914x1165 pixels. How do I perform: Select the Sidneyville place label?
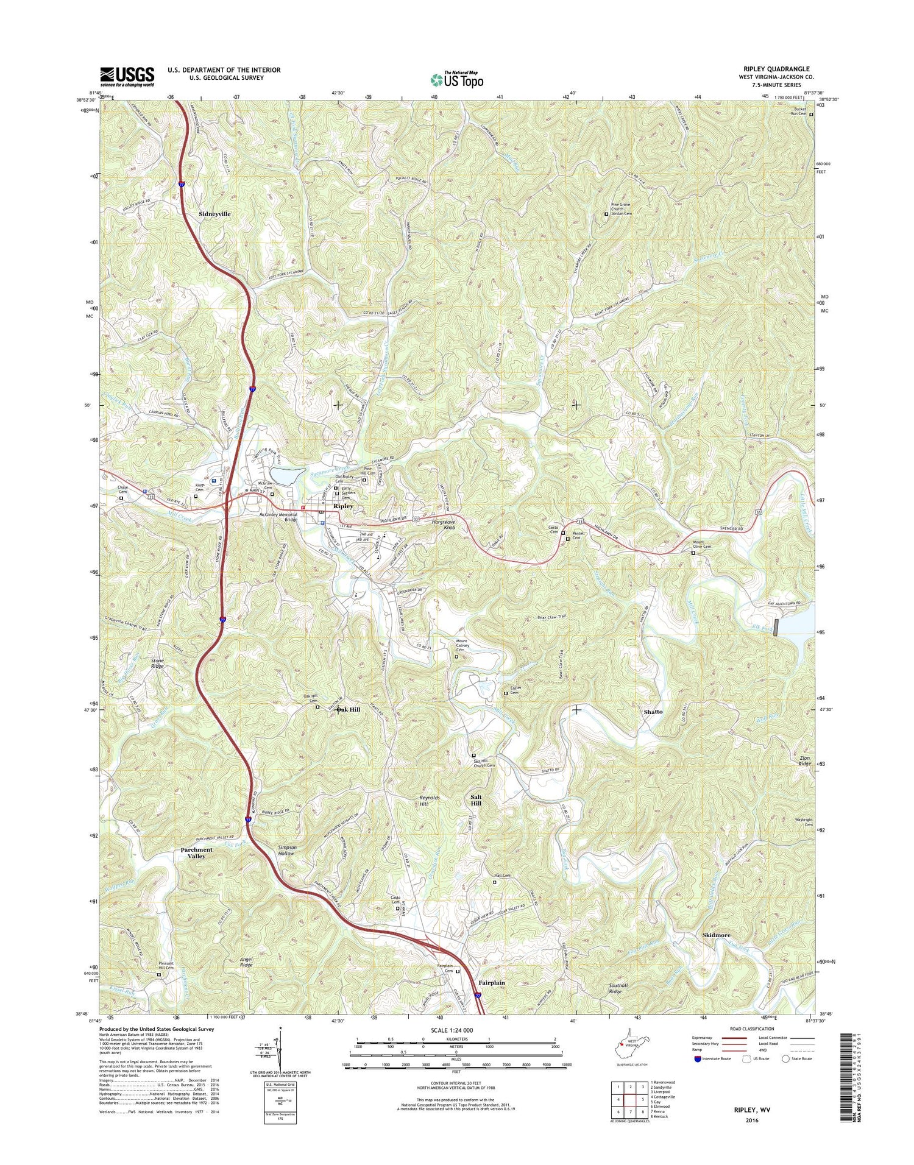click(x=216, y=214)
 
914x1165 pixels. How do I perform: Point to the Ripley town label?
click(x=343, y=506)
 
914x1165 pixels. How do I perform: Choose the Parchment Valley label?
click(x=197, y=852)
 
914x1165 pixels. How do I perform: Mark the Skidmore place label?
click(x=716, y=935)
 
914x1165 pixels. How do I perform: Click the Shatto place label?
click(x=653, y=712)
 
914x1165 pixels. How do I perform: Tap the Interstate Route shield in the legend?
click(x=697, y=1059)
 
